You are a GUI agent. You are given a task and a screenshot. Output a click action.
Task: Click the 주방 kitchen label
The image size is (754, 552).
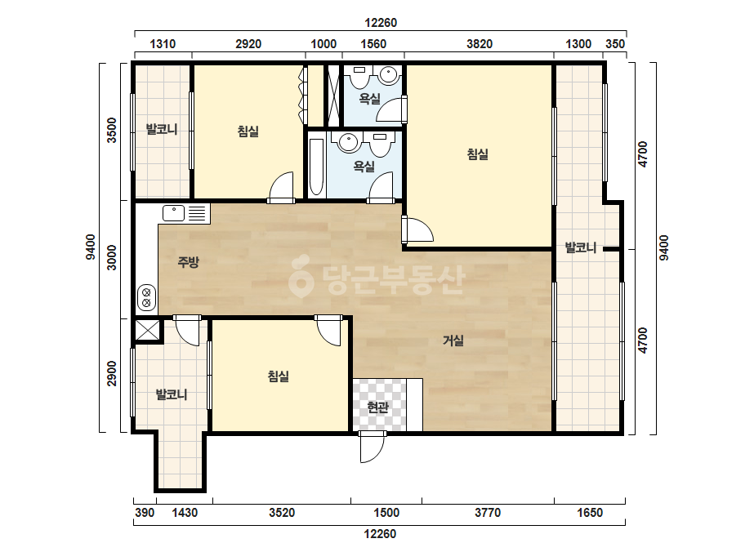point(188,262)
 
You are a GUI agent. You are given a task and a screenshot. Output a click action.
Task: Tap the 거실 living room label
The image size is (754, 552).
point(453,341)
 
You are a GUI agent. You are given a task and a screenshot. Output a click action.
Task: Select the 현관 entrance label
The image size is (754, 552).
point(377,407)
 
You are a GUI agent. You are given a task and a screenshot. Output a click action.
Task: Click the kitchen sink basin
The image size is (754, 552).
point(174,212)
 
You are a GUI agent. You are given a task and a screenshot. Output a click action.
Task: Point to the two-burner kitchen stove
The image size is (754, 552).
point(146,297)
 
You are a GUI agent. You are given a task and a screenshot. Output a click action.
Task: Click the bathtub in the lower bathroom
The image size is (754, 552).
point(316,167)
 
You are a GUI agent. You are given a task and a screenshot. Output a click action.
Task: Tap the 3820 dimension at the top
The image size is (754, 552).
point(480,44)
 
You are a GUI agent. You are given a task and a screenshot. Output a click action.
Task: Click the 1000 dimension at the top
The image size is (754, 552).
point(323,44)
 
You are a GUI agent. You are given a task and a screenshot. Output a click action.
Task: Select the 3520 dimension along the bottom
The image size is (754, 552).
point(282,513)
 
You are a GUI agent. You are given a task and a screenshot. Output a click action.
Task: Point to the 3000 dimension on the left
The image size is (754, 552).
point(112,257)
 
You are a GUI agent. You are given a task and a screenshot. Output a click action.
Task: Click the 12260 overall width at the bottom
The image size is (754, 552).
point(380,534)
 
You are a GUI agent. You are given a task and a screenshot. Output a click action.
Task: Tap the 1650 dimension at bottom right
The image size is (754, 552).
point(590,513)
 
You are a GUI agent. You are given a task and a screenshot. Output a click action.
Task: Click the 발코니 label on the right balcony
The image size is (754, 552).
point(580,247)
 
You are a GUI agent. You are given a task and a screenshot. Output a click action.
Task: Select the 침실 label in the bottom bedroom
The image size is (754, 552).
point(279,376)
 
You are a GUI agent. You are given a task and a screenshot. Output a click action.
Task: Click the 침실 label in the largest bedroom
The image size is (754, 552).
point(478,154)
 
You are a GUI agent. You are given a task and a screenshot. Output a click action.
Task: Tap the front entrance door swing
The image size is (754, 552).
point(372,447)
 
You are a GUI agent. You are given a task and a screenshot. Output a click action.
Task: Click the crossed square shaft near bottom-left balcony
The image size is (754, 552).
point(147,330)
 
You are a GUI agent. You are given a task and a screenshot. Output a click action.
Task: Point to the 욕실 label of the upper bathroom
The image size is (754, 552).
point(370,99)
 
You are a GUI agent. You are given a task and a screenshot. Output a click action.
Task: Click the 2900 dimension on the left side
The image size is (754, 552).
point(112,373)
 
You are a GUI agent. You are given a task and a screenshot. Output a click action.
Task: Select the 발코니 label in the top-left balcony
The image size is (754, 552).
point(162,129)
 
